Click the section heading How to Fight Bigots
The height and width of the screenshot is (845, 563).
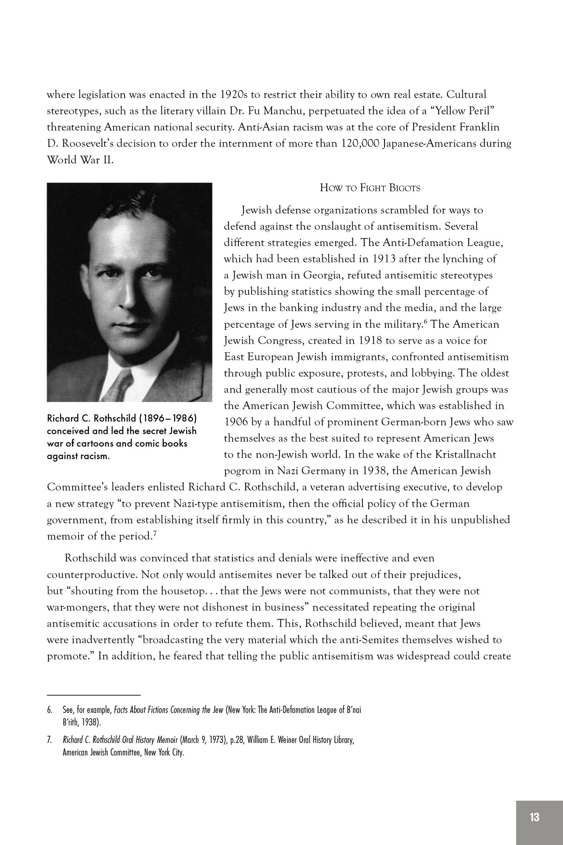click(x=370, y=188)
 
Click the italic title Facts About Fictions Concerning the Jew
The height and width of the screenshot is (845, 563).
click(x=169, y=710)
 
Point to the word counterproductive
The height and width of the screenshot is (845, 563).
click(x=90, y=575)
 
